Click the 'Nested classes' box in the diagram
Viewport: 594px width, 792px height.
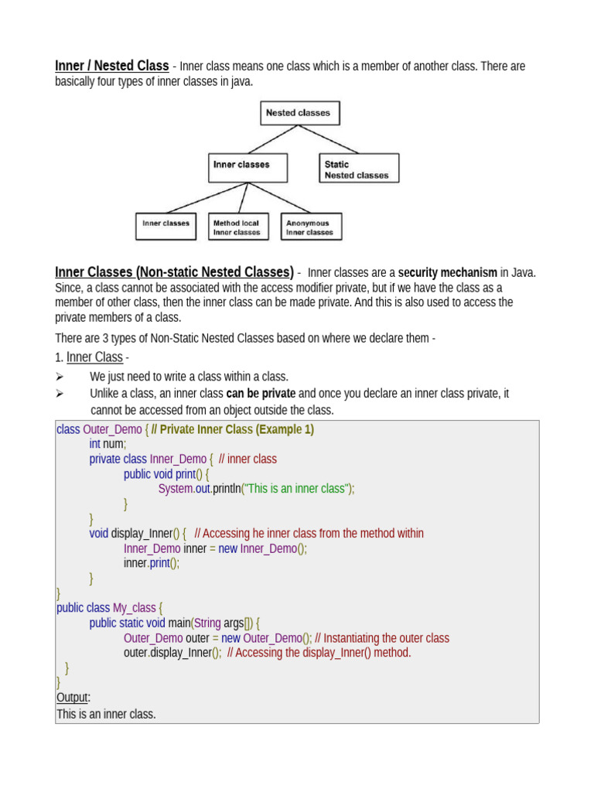pyautogui.click(x=299, y=113)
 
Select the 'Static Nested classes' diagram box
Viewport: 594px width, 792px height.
pyautogui.click(x=359, y=169)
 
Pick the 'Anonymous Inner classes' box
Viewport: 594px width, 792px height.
pyautogui.click(x=310, y=227)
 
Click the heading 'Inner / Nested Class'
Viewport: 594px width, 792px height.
pyautogui.click(x=112, y=67)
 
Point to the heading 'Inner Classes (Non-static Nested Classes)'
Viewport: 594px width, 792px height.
pyautogui.click(x=174, y=272)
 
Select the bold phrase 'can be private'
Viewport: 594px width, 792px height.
pyautogui.click(x=261, y=394)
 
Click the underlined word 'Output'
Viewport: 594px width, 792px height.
pyautogui.click(x=73, y=698)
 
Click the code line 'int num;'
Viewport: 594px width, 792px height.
pyautogui.click(x=107, y=444)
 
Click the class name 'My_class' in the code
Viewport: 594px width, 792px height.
pyautogui.click(x=135, y=608)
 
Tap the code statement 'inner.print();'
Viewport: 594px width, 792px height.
pyautogui.click(x=152, y=563)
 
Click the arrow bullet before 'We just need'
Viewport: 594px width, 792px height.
pyautogui.click(x=60, y=377)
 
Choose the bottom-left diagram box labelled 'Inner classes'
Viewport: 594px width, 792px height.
pyautogui.click(x=166, y=227)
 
